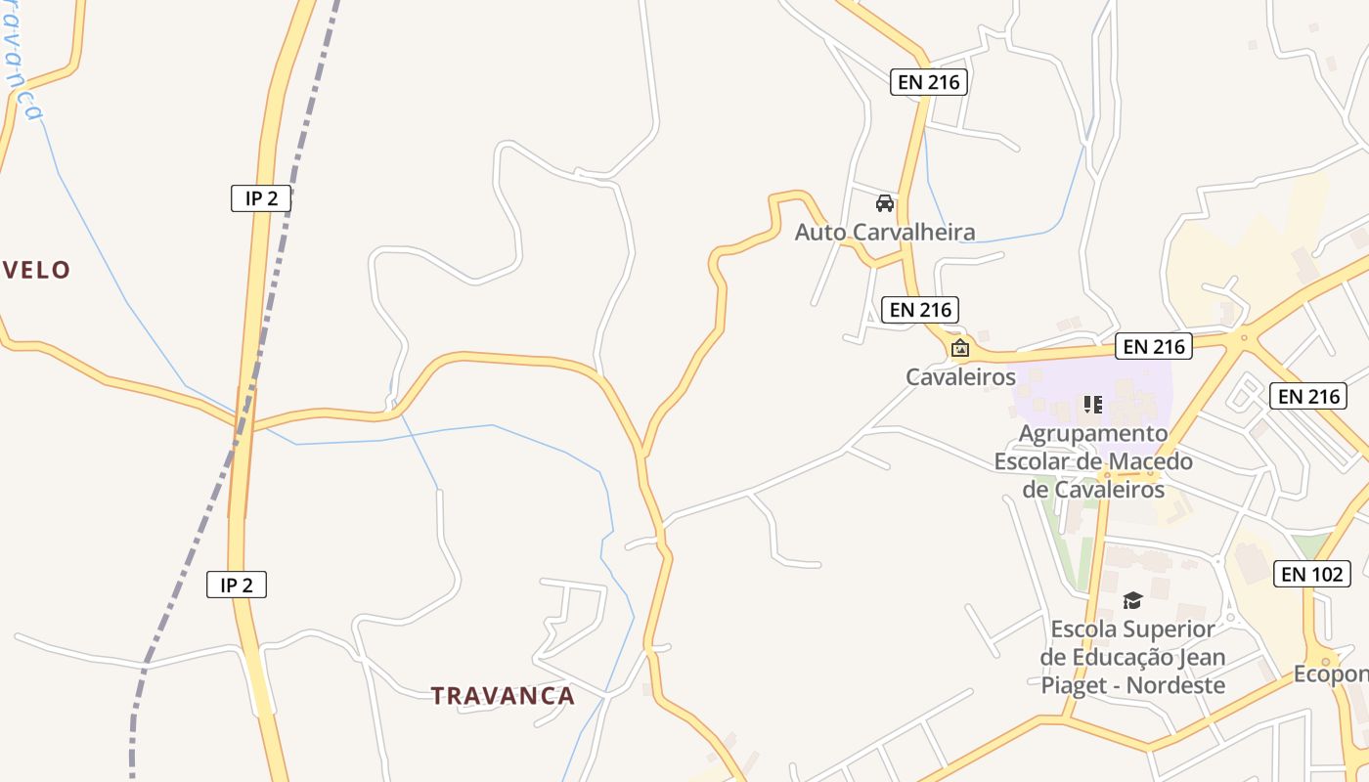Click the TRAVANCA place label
click(503, 696)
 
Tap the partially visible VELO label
click(36, 271)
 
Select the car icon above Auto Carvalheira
click(885, 203)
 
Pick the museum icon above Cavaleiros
click(960, 348)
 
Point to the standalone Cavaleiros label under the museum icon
click(960, 376)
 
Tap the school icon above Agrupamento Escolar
click(1093, 404)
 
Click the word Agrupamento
click(1093, 433)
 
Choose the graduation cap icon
click(1132, 600)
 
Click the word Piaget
click(1080, 685)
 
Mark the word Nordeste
click(1175, 685)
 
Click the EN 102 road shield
click(1312, 574)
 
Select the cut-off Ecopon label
click(1330, 674)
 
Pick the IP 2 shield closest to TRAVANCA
click(237, 586)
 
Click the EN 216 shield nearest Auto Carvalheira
click(919, 310)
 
